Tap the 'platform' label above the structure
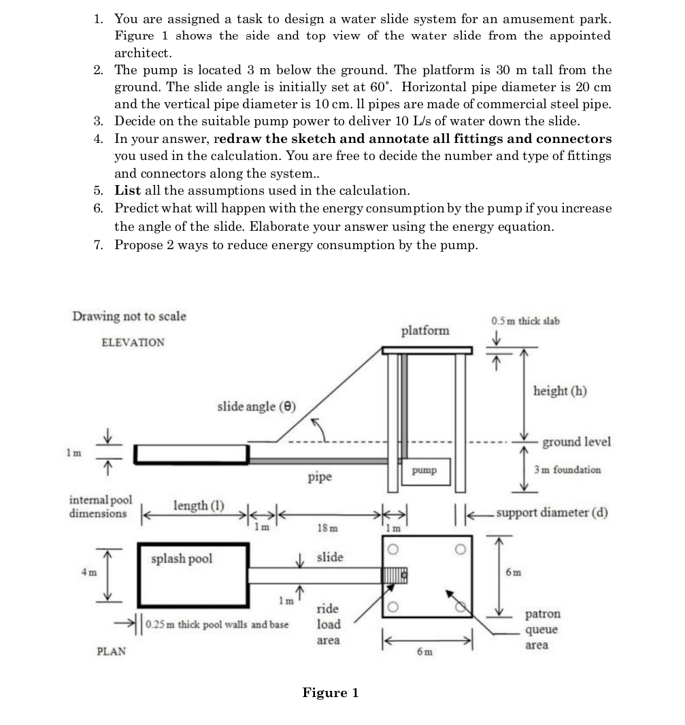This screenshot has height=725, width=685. (x=425, y=331)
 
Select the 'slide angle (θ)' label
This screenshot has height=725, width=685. (x=256, y=406)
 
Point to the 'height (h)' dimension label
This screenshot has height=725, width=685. (x=560, y=391)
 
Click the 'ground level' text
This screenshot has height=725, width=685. (x=576, y=442)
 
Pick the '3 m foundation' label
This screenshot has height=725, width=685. (x=567, y=470)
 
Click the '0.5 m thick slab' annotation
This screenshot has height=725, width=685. (x=525, y=321)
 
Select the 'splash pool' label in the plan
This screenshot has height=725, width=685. (x=182, y=558)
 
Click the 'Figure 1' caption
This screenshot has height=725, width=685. (x=331, y=693)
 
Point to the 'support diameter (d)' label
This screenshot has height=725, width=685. (x=552, y=512)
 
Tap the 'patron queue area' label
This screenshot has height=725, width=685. (x=542, y=630)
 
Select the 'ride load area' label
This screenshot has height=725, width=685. (x=329, y=624)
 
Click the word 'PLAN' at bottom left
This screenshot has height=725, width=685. (x=112, y=651)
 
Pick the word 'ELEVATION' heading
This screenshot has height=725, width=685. (x=133, y=342)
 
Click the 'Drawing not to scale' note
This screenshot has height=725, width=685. (x=129, y=317)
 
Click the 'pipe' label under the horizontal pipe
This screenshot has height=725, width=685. (x=320, y=477)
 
